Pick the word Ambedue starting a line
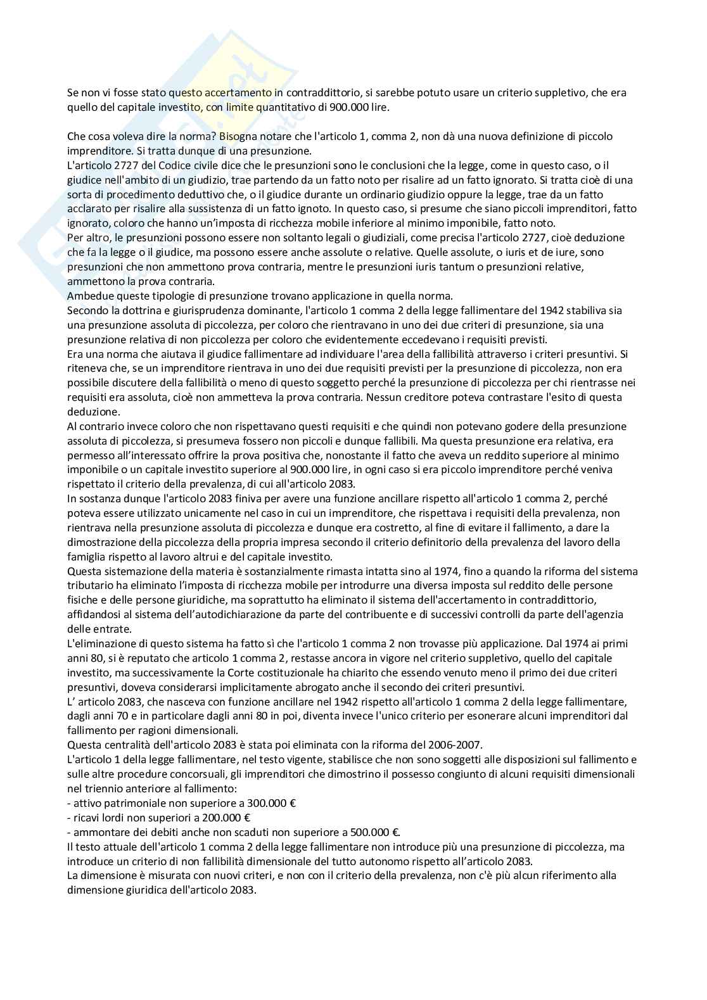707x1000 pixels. click(89, 296)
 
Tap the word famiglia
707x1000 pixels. click(87, 557)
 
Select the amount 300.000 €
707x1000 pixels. click(269, 802)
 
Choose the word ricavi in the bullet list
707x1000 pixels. click(87, 817)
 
